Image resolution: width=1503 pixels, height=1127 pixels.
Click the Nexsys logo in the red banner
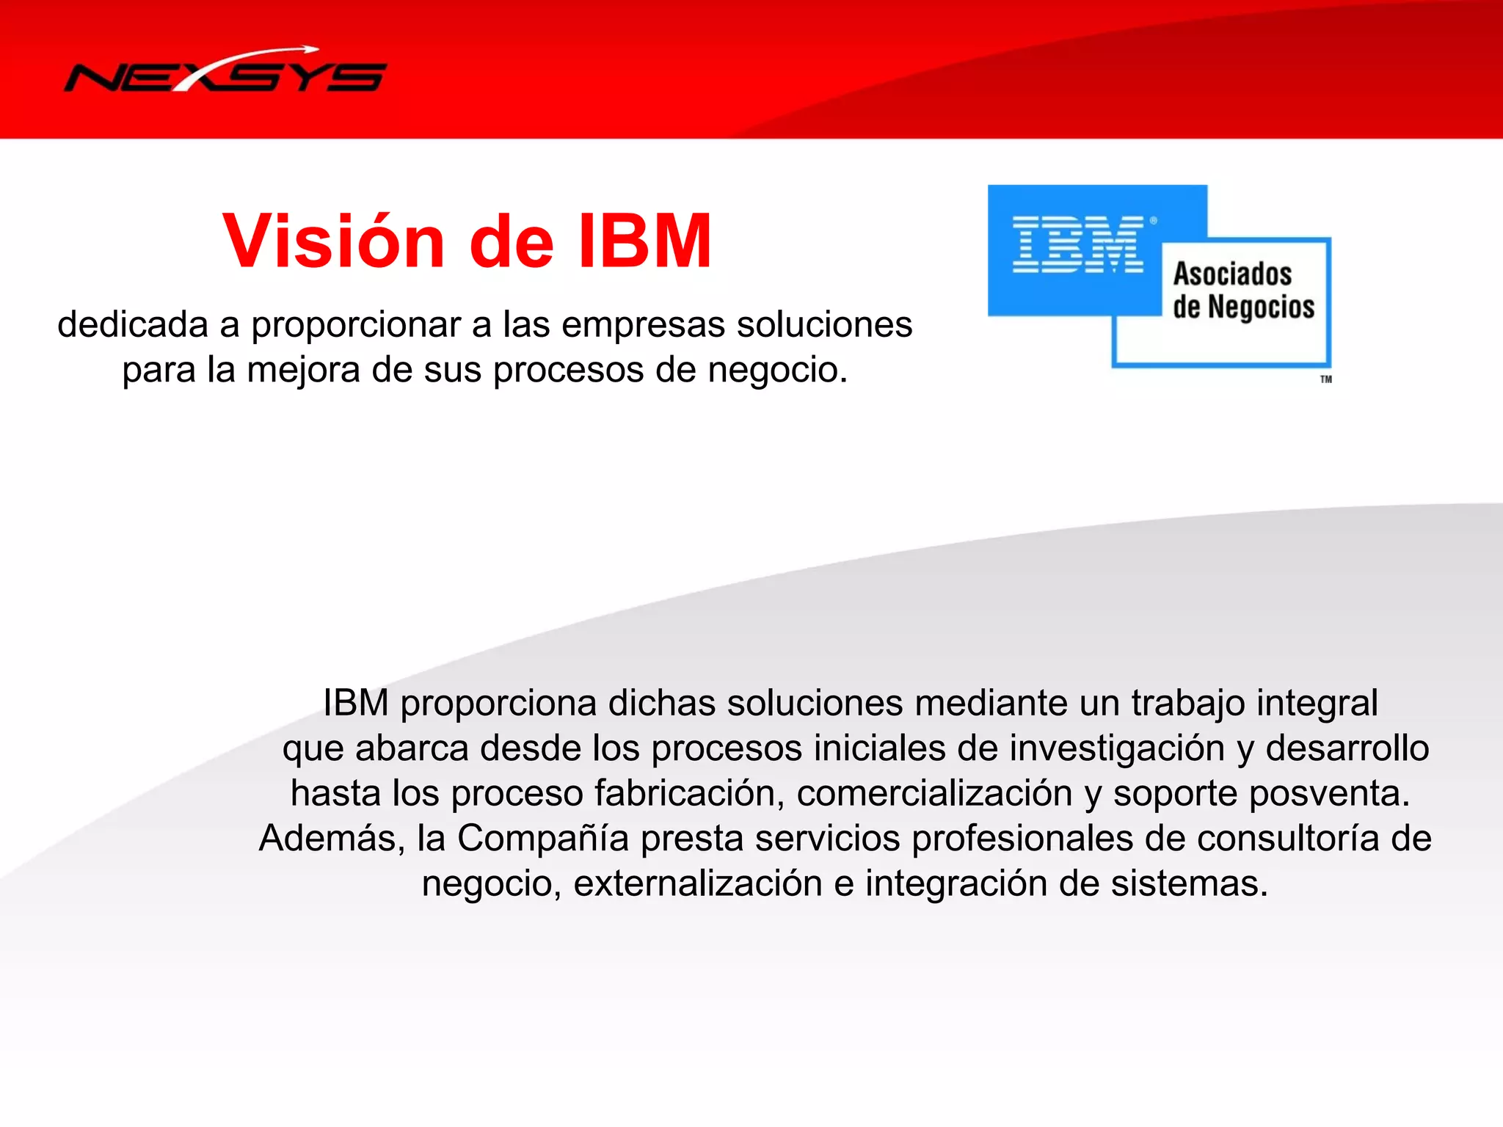click(225, 73)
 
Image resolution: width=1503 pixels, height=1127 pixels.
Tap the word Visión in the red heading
click(334, 241)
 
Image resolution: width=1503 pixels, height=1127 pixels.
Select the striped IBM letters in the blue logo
click(1077, 244)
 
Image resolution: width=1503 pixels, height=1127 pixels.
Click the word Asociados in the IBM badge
click(1232, 274)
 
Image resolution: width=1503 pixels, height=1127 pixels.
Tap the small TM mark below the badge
click(1325, 379)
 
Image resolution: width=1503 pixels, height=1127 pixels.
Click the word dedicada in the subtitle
click(133, 324)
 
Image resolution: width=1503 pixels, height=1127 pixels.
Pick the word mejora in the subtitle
click(303, 370)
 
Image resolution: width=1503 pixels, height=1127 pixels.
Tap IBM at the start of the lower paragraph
click(356, 703)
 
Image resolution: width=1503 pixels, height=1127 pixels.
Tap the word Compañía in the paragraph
click(543, 838)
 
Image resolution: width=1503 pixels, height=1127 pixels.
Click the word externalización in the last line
click(697, 883)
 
